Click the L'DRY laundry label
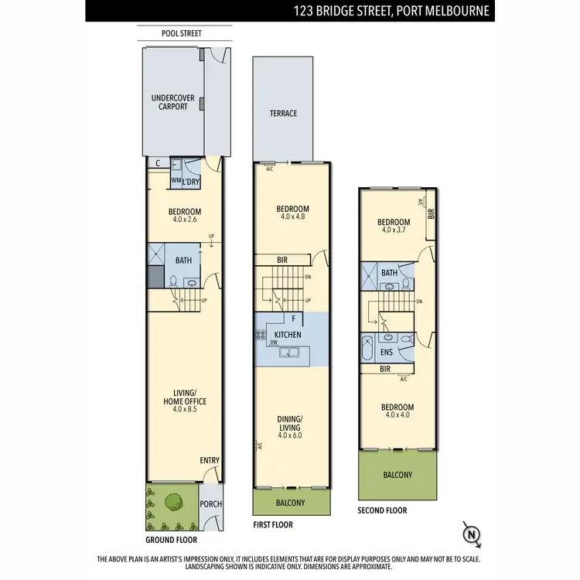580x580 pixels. [x=192, y=181]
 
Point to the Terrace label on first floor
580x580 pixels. [x=283, y=114]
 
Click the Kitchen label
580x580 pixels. [x=287, y=335]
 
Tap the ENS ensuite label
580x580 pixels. [x=387, y=353]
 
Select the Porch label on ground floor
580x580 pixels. [x=210, y=504]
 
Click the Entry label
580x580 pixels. [x=210, y=460]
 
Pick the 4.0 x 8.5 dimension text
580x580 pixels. [x=184, y=411]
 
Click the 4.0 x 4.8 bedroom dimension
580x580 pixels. [x=293, y=218]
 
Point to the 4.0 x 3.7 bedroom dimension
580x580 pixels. [x=394, y=230]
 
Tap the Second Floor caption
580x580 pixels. [x=382, y=510]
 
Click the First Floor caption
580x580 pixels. [x=274, y=524]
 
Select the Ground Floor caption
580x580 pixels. [x=171, y=540]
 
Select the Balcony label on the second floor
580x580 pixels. [x=397, y=475]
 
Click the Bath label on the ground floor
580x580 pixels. [x=183, y=261]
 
